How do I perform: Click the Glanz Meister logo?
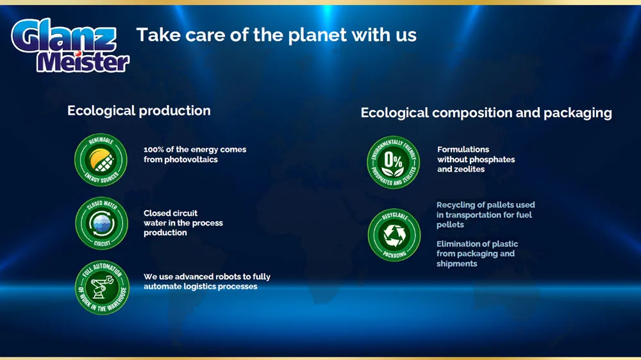70,45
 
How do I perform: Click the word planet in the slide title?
318,35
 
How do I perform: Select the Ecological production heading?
139,111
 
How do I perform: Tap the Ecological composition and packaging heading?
486,113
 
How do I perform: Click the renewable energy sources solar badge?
101,160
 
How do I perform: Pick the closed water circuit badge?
102,223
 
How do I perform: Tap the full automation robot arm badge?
102,287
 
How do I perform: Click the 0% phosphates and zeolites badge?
394,162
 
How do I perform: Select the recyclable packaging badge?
394,235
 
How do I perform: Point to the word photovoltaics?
191,160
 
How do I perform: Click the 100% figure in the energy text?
154,149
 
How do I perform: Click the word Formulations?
463,149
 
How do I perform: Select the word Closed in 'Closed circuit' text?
157,213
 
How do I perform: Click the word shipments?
456,264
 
